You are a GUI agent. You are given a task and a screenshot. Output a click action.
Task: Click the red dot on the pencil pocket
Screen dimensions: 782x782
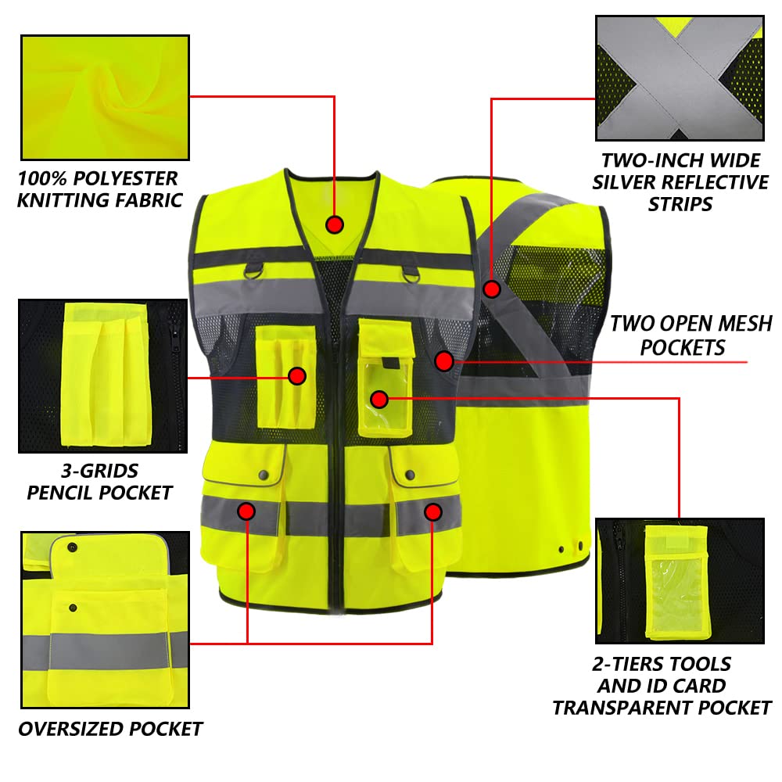[296, 376]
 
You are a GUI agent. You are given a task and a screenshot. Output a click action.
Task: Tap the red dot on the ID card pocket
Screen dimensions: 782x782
[379, 400]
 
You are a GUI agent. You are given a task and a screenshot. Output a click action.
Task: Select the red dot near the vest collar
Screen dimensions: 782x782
[335, 224]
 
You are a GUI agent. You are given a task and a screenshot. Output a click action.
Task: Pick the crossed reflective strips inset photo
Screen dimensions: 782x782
[679, 77]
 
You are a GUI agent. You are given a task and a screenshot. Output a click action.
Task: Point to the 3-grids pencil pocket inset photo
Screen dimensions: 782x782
[102, 375]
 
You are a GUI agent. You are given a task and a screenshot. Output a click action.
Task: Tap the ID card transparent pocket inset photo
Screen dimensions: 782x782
[679, 580]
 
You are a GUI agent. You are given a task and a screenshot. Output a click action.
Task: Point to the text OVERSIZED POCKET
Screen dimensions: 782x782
[110, 729]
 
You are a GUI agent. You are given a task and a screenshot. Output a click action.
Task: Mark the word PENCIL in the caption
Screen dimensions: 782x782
[61, 493]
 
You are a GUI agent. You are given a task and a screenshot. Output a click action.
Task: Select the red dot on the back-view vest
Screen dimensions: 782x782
[491, 289]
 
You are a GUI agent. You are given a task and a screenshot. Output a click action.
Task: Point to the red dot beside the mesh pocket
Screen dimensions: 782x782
[444, 361]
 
